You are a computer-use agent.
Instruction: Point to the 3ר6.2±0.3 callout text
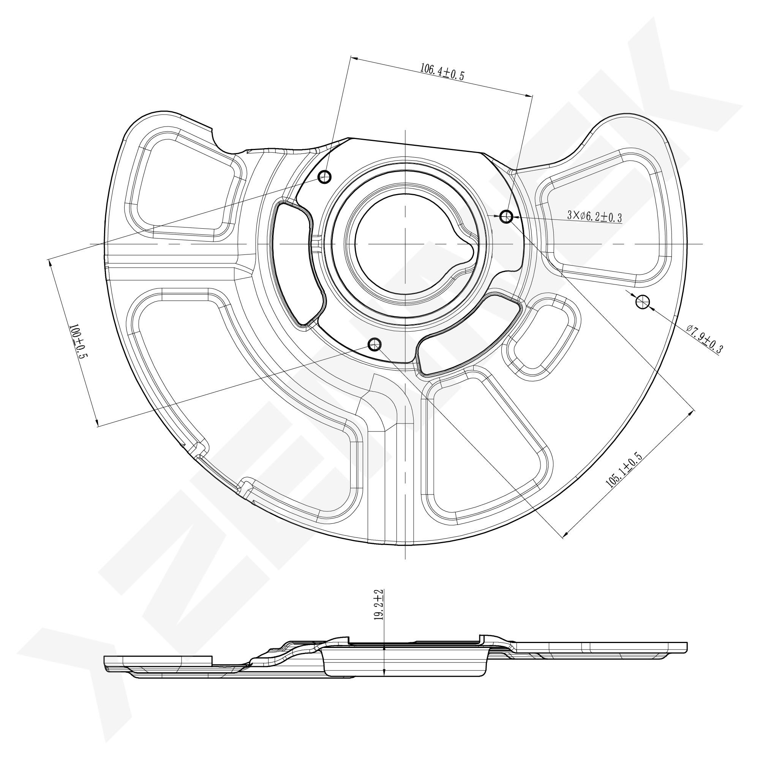594,216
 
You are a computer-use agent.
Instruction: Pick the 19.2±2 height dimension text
378,610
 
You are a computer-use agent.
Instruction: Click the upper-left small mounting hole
324,177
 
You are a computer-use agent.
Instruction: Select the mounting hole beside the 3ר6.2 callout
506,216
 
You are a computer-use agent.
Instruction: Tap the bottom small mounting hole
374,344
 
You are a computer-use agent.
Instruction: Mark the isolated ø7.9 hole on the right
642,302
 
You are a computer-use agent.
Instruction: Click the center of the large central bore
405,244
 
